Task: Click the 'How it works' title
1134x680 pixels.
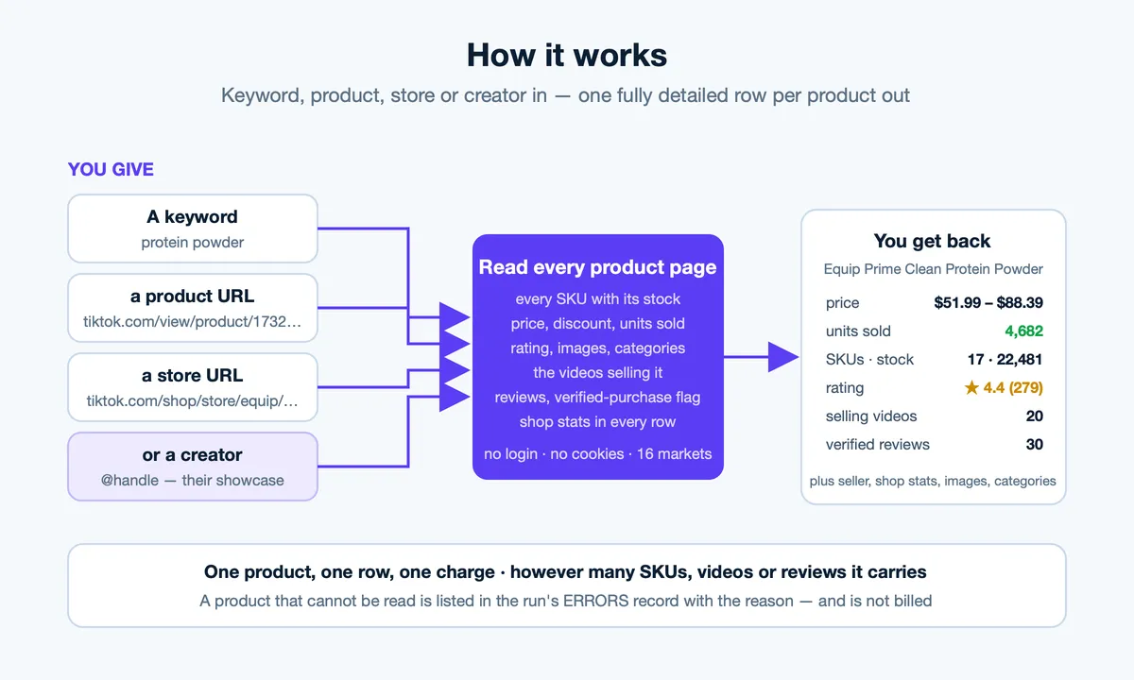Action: [566, 55]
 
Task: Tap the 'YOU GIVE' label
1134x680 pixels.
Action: [111, 169]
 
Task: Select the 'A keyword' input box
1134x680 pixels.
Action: [193, 229]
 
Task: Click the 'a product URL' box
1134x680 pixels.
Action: [193, 308]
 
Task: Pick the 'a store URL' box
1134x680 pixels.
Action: [193, 387]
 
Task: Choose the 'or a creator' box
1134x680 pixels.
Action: [193, 467]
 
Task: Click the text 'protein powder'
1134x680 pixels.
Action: [193, 243]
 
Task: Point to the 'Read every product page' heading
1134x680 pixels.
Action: [597, 267]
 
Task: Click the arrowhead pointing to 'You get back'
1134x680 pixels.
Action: [783, 357]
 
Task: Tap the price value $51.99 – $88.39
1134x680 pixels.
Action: [988, 302]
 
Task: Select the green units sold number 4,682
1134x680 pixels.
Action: [1023, 331]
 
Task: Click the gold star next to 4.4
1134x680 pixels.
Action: [971, 387]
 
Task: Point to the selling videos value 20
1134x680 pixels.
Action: [1034, 416]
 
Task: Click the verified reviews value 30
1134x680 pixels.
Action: [1034, 444]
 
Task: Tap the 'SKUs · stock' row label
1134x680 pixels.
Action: [869, 359]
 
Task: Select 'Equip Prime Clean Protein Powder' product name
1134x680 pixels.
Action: [933, 269]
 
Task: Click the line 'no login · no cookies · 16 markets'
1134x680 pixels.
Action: [597, 454]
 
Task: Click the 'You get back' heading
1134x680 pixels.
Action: [932, 241]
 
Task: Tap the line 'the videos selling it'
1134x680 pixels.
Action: [597, 373]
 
